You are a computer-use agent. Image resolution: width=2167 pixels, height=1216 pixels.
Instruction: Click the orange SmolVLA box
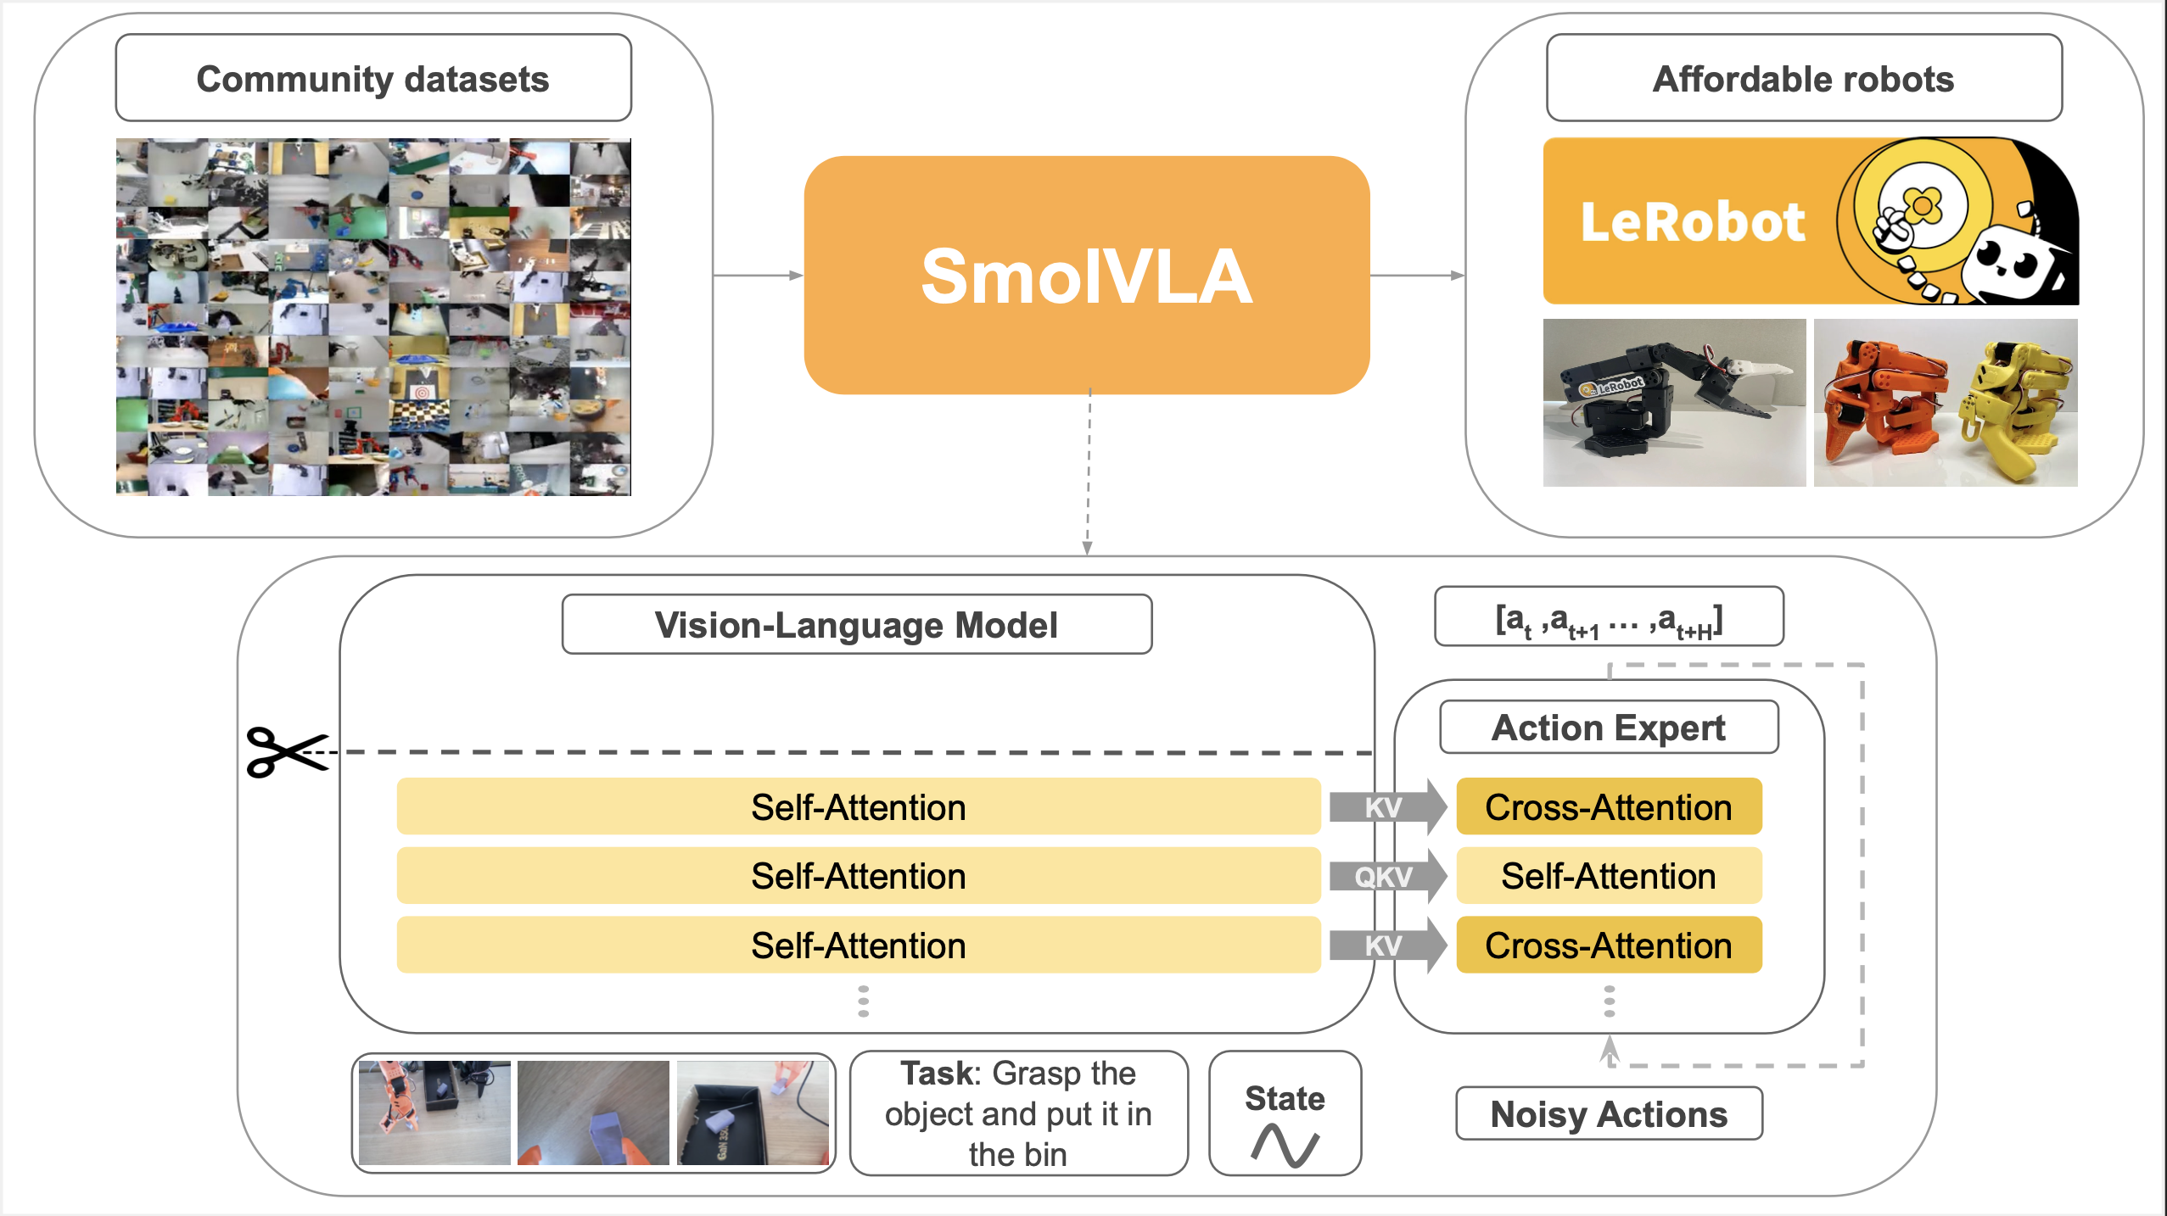pyautogui.click(x=1086, y=275)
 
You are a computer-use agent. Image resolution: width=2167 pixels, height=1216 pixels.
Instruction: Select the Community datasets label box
pyautogui.click(x=373, y=78)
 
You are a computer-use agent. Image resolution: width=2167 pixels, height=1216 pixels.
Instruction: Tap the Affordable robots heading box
pyautogui.click(x=1803, y=78)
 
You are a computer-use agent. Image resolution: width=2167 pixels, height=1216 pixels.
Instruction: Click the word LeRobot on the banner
pyautogui.click(x=1693, y=222)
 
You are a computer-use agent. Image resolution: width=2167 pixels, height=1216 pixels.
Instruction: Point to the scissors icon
pyautogui.click(x=285, y=751)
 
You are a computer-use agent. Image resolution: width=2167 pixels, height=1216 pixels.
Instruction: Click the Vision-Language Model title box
pyautogui.click(x=856, y=624)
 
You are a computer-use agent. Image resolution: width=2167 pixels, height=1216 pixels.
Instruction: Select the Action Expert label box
pyautogui.click(x=1608, y=727)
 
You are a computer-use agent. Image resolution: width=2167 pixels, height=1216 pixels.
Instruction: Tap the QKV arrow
pyautogui.click(x=1386, y=876)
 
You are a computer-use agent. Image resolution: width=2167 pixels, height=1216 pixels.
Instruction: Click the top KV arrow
pyautogui.click(x=1386, y=806)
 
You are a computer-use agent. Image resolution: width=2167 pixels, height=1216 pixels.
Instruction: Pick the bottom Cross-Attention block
pyautogui.click(x=1608, y=945)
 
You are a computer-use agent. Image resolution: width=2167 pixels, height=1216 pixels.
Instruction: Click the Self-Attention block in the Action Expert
pyautogui.click(x=1608, y=876)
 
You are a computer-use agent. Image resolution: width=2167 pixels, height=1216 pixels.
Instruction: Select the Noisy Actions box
pyautogui.click(x=1608, y=1113)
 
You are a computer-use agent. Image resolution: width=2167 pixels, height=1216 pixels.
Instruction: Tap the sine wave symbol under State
pyautogui.click(x=1285, y=1145)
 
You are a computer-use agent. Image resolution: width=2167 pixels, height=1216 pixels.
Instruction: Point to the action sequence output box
pyautogui.click(x=1608, y=617)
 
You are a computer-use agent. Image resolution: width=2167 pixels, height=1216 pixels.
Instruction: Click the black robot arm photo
pyautogui.click(x=1673, y=403)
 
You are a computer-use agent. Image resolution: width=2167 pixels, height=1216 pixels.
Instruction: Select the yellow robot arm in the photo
pyautogui.click(x=2015, y=403)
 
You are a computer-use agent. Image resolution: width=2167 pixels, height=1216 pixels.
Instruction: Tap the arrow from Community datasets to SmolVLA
pyautogui.click(x=757, y=275)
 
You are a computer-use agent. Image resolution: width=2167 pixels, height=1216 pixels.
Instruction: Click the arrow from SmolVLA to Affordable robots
pyautogui.click(x=1417, y=275)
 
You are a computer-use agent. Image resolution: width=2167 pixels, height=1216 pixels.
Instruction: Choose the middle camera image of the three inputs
pyautogui.click(x=593, y=1112)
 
